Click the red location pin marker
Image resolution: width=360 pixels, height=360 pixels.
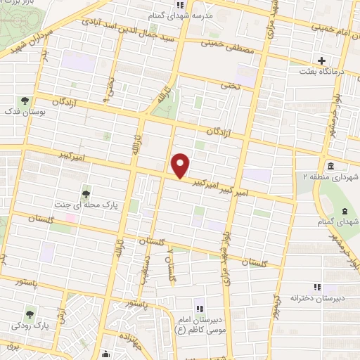click(x=181, y=165)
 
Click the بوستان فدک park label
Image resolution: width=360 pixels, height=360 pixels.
click(x=25, y=112)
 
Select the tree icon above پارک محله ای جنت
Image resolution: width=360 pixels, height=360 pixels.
click(x=86, y=191)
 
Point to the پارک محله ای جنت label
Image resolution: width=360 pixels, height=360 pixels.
click(x=84, y=204)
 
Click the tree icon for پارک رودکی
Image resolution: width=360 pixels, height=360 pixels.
click(x=30, y=314)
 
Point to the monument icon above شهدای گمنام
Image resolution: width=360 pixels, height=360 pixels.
click(x=344, y=210)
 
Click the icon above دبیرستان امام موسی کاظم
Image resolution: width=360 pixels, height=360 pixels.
click(x=200, y=308)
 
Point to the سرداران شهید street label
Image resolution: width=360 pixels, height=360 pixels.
click(x=32, y=42)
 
